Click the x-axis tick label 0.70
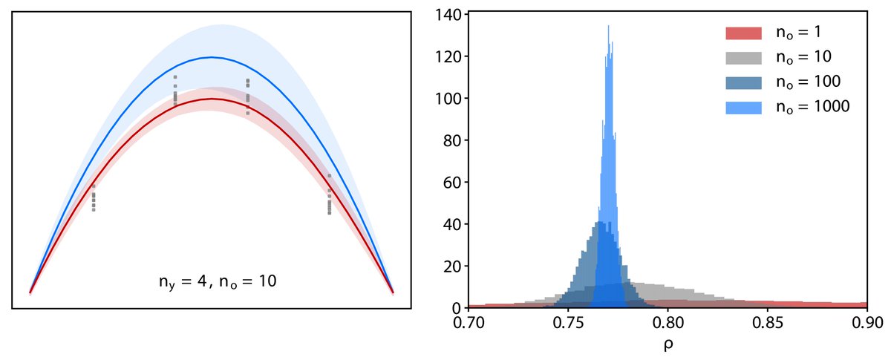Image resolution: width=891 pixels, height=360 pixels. click(x=468, y=324)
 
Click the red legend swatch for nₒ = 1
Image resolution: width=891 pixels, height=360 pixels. click(x=743, y=33)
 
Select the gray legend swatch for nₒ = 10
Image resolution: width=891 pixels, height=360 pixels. click(x=743, y=57)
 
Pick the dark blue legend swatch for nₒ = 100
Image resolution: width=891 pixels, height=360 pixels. click(x=743, y=82)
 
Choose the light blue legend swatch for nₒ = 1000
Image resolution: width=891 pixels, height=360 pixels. click(x=743, y=106)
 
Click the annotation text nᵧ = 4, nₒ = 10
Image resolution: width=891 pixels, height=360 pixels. click(x=212, y=282)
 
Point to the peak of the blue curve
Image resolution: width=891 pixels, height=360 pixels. click(x=212, y=57)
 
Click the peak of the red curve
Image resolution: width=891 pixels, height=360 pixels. click(x=212, y=99)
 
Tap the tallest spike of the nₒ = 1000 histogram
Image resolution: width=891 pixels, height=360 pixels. click(x=609, y=27)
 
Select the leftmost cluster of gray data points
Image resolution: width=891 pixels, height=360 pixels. click(x=94, y=198)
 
